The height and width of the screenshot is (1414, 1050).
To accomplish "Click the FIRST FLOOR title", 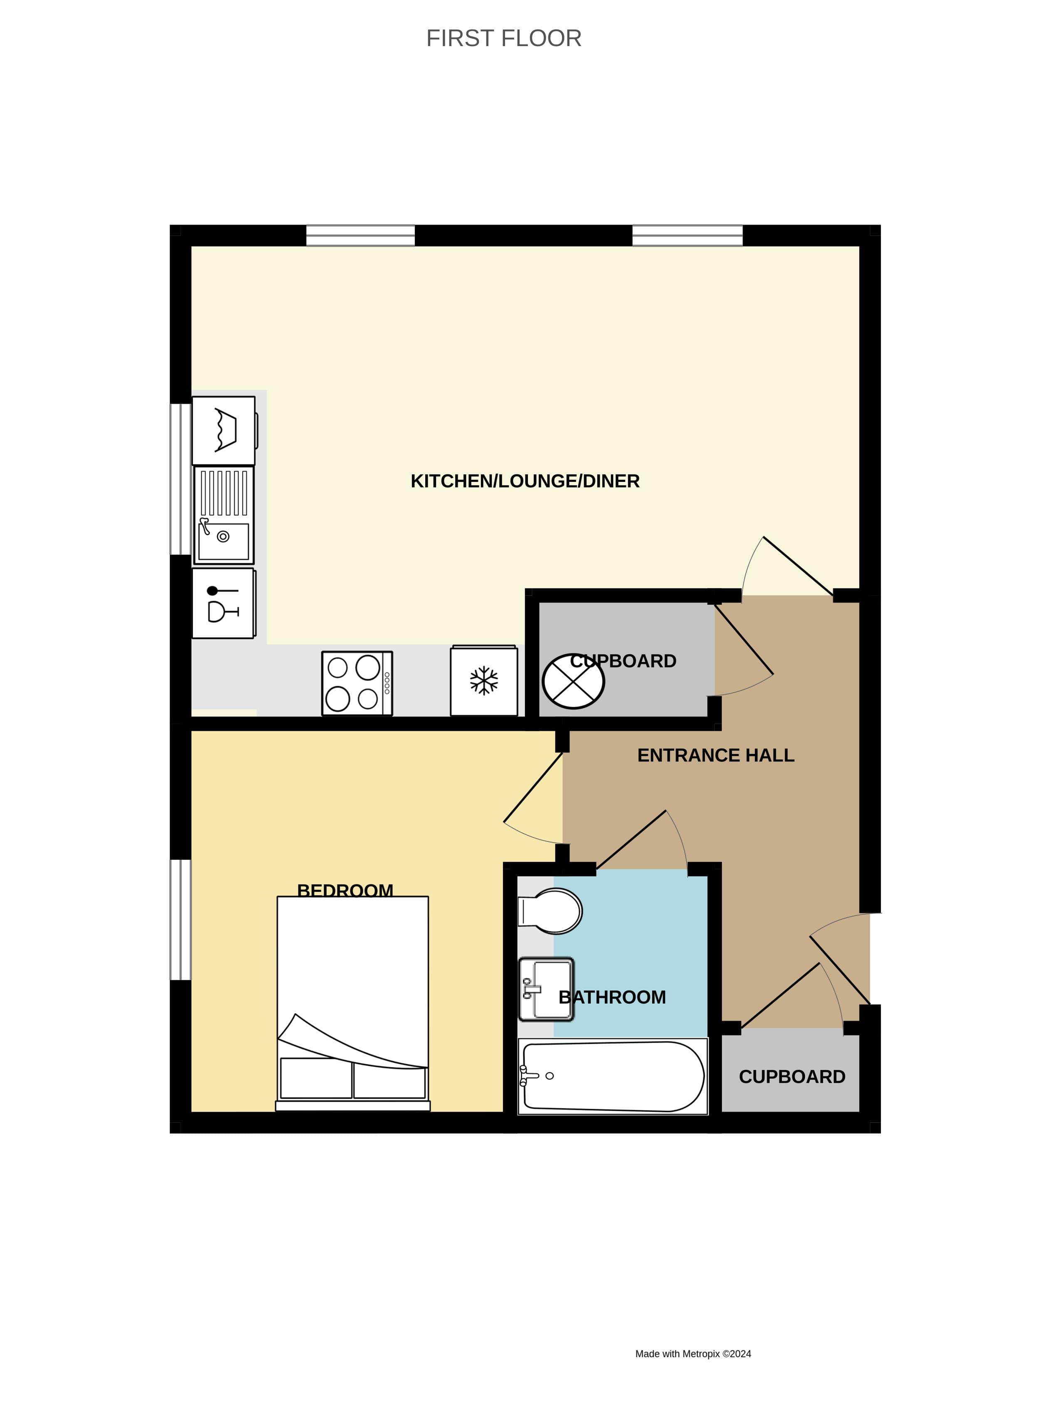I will point(503,39).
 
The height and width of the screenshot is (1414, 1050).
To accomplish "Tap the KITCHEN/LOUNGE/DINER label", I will point(525,481).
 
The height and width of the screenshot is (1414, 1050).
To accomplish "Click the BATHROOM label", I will point(612,997).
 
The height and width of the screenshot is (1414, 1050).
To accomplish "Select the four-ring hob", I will point(357,683).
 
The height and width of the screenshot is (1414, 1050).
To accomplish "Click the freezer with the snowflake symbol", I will point(484,681).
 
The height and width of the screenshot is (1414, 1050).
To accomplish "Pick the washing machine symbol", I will point(224,431).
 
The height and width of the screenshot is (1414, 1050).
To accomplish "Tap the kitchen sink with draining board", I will point(224,515).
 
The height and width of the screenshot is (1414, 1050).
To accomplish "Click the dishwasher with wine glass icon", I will point(224,604).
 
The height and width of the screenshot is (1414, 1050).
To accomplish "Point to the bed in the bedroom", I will point(353,1004).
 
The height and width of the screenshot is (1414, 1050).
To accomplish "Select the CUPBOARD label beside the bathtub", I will point(792,1077).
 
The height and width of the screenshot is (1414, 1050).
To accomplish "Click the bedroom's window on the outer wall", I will point(180,920).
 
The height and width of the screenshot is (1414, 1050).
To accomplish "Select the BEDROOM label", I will point(345,889).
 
